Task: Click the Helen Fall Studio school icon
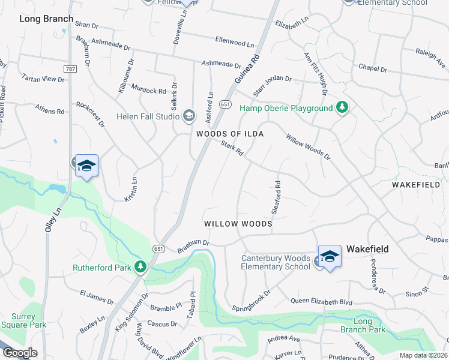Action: pyautogui.click(x=190, y=115)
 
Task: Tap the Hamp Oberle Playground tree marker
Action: pyautogui.click(x=342, y=108)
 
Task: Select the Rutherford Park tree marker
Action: pyautogui.click(x=140, y=267)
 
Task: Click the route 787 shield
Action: pyautogui.click(x=70, y=70)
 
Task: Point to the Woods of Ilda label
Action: pyautogui.click(x=231, y=133)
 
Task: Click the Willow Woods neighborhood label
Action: pyautogui.click(x=238, y=224)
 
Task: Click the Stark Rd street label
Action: pyautogui.click(x=232, y=148)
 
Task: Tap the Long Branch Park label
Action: pyautogui.click(x=362, y=325)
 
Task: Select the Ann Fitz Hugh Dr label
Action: pyautogui.click(x=315, y=74)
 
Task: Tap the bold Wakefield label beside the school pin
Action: pyautogui.click(x=367, y=249)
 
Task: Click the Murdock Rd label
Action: pyautogui.click(x=148, y=89)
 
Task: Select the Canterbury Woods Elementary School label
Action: pyautogui.click(x=276, y=262)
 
